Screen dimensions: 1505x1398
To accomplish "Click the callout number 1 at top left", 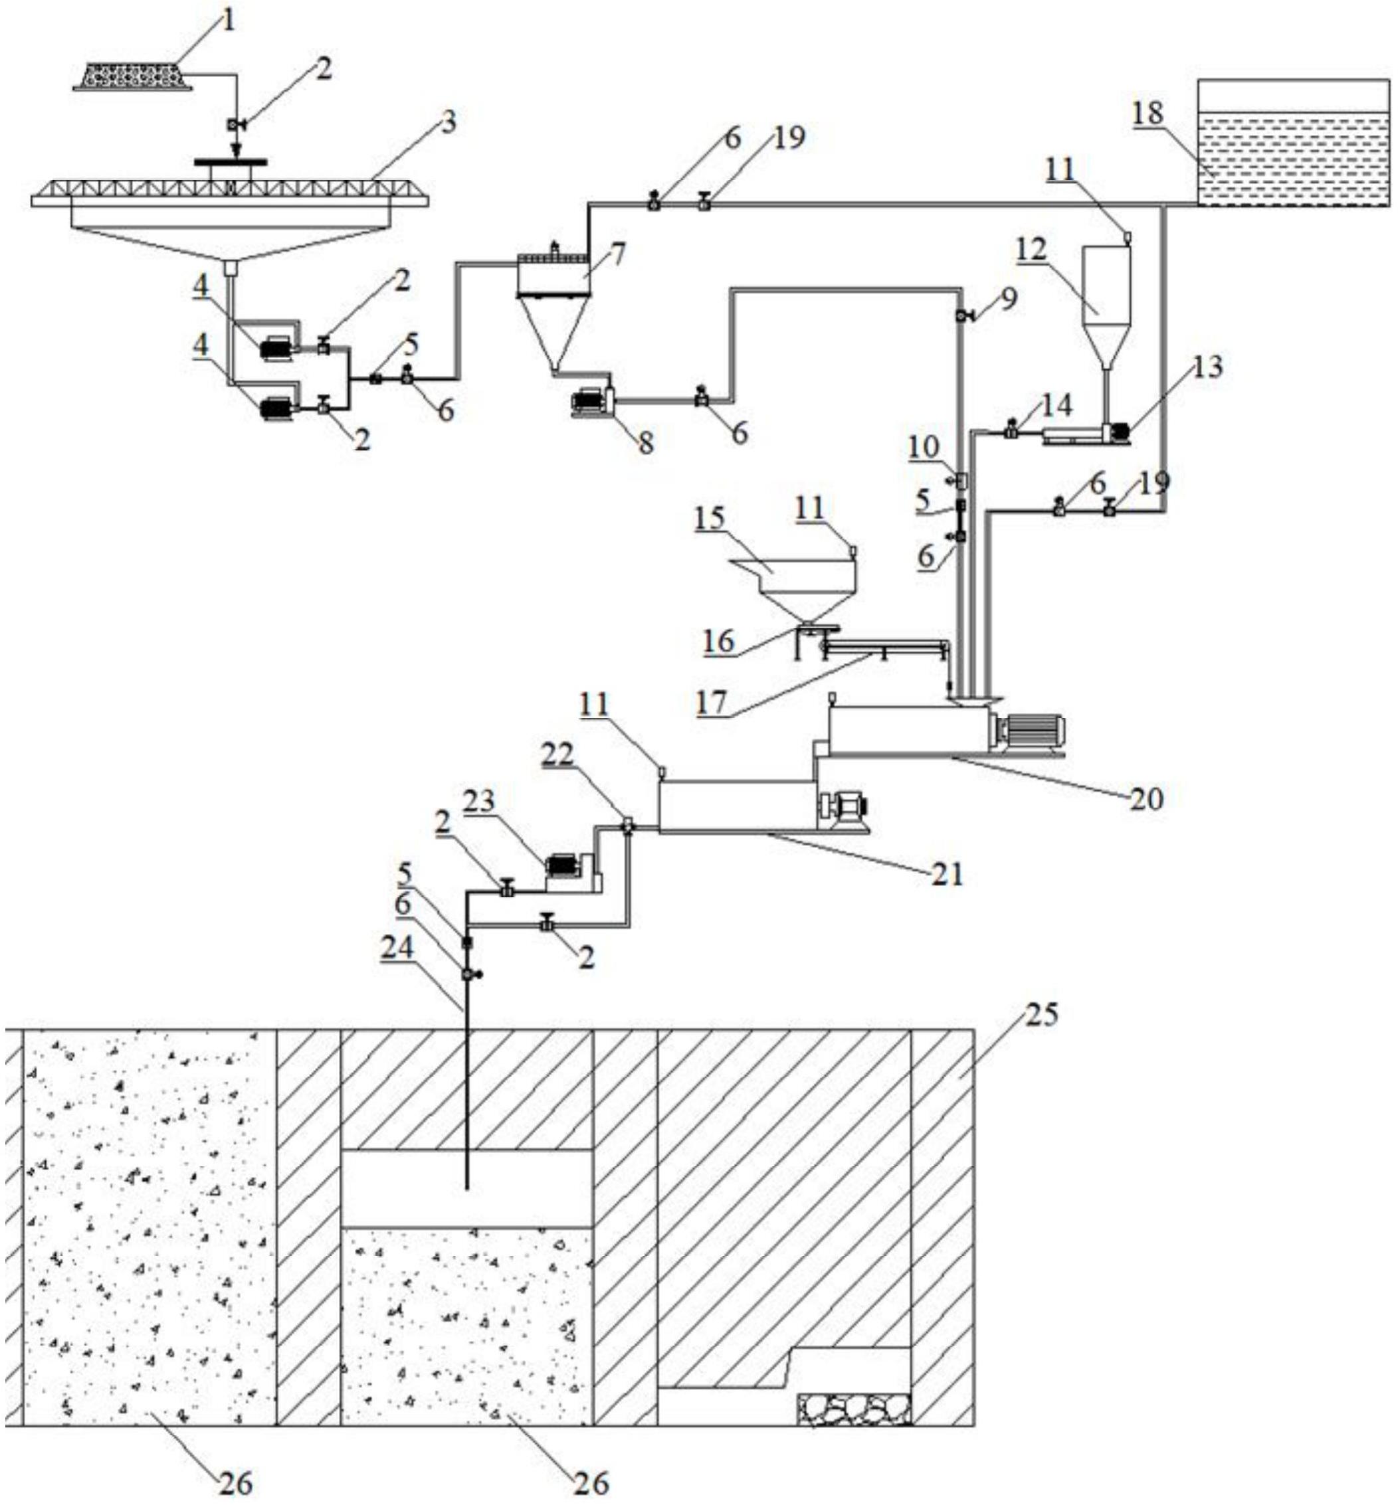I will (228, 21).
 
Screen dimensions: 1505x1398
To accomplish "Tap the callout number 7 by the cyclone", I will (617, 255).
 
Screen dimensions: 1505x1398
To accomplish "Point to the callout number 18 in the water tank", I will (1148, 114).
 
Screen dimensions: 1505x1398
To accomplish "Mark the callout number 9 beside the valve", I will (1009, 300).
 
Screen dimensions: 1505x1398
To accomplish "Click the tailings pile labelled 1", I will (132, 76).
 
